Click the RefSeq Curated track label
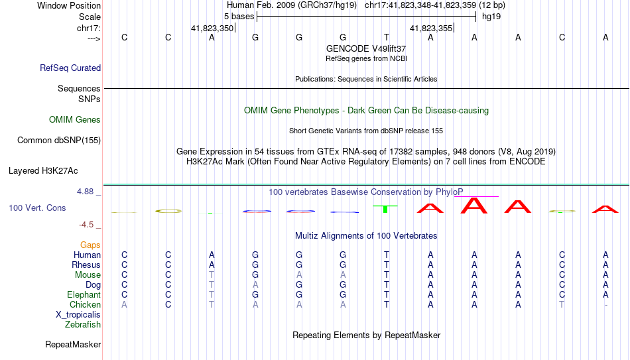(70, 68)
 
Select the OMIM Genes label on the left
(75, 120)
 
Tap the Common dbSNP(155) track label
(59, 141)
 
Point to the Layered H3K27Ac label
(43, 171)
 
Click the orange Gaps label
(90, 245)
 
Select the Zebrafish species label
(83, 325)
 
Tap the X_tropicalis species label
(78, 315)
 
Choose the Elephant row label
(84, 295)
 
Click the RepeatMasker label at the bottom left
(73, 344)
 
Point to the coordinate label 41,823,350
(212, 28)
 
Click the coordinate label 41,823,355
(430, 28)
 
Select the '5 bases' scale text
(239, 17)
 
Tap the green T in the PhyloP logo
(386, 209)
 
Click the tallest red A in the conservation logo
(474, 206)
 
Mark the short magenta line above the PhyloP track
(477, 196)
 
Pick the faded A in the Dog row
(255, 285)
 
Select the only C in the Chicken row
(168, 304)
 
